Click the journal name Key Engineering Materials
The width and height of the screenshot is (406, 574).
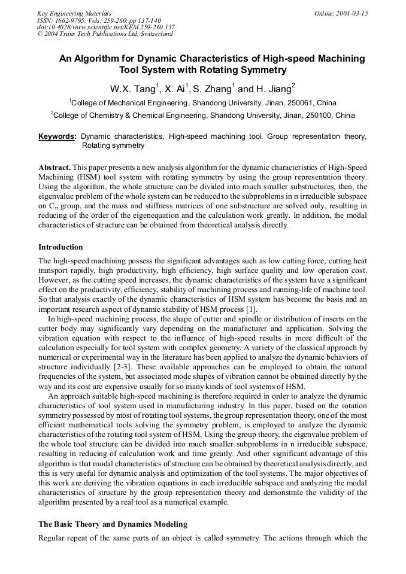coord(74,13)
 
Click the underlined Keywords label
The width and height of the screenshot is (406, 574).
coord(57,136)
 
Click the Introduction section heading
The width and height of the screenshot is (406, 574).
coord(60,247)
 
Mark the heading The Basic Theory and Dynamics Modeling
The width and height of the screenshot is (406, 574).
coord(113,524)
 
